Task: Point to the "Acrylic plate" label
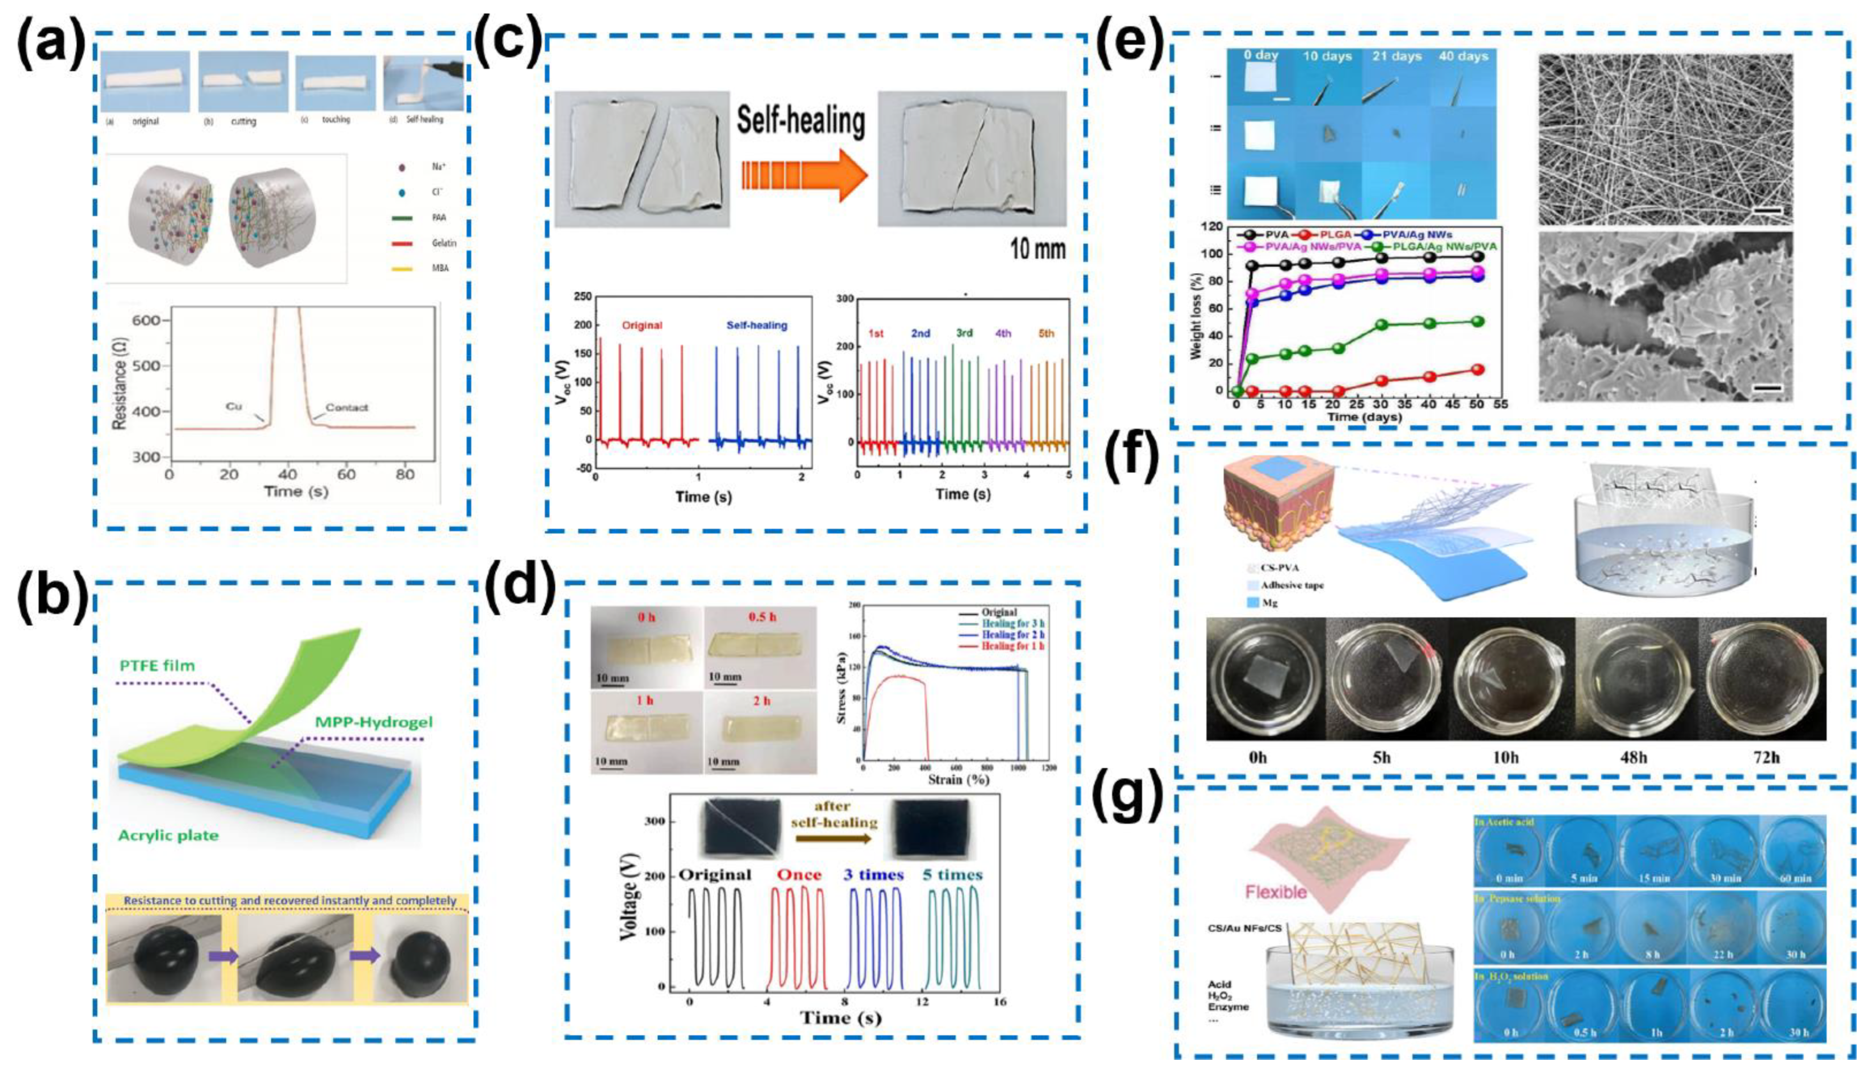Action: point(169,835)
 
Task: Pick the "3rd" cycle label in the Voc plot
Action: point(963,333)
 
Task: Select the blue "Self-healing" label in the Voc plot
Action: point(756,325)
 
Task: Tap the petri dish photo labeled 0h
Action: point(1266,679)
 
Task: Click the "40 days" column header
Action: point(1463,57)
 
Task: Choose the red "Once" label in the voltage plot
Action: point(798,874)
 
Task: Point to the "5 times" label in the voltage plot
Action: point(953,874)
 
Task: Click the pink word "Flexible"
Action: point(1276,892)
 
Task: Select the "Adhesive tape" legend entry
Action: point(1282,585)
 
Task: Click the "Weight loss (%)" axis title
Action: point(1197,311)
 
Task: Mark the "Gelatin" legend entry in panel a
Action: point(440,243)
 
